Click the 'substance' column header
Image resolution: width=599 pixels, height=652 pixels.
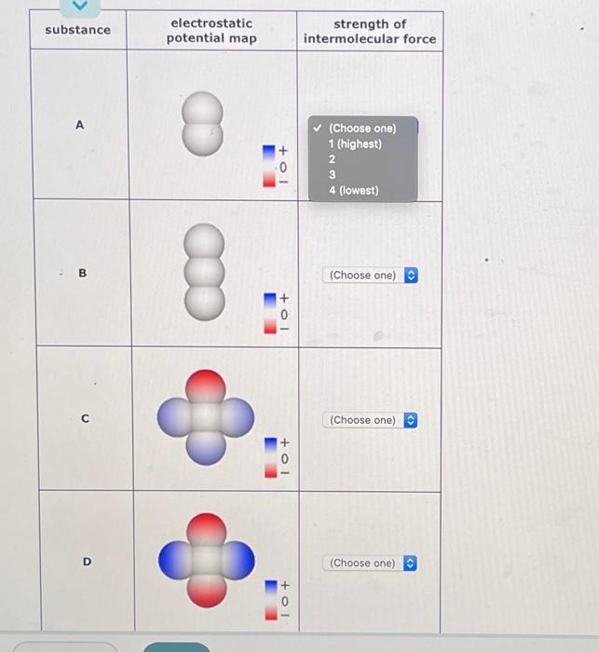click(77, 30)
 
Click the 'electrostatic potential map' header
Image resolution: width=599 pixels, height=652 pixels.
click(211, 30)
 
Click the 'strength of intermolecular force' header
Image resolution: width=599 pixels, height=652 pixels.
click(370, 31)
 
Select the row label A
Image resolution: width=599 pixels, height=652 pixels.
click(79, 125)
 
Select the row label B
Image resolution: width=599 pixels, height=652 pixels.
click(82, 274)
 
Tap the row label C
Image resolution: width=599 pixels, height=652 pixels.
click(85, 419)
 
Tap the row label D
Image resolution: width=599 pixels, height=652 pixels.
click(87, 562)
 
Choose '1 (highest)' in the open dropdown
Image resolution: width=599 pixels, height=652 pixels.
click(355, 144)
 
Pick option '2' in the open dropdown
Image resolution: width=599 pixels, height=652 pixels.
click(332, 159)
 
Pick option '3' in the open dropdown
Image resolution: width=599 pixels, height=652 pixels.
click(332, 174)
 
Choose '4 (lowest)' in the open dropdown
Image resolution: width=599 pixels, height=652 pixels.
click(353, 190)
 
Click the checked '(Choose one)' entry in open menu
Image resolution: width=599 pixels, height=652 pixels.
click(362, 129)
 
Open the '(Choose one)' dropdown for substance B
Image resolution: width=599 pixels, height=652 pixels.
click(371, 275)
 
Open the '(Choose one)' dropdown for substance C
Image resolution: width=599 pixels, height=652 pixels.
click(371, 420)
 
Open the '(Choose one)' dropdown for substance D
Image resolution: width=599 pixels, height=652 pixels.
click(371, 563)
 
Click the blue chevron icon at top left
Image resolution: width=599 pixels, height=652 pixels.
click(80, 6)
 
